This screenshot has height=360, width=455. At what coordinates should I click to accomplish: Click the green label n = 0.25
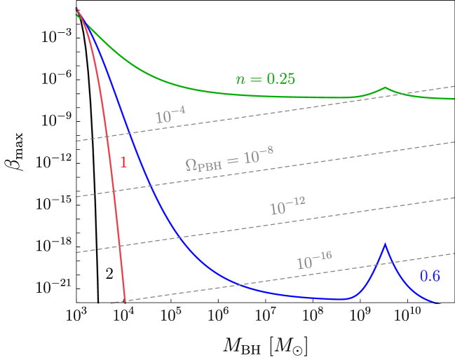[x=265, y=79]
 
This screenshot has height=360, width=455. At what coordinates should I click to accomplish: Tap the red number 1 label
[x=123, y=162]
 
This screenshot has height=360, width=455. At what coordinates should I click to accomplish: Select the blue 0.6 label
[x=430, y=276]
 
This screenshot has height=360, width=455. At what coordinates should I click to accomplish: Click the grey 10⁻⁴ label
[x=170, y=116]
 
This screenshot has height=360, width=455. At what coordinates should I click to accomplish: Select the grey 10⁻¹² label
[x=287, y=207]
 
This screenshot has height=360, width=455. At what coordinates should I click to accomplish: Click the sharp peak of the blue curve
[x=384, y=244]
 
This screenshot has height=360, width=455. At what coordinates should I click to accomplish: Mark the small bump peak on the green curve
[x=385, y=88]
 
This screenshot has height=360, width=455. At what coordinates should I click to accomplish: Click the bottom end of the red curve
[x=125, y=301]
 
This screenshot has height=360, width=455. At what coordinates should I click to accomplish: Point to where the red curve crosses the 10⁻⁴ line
[x=107, y=136]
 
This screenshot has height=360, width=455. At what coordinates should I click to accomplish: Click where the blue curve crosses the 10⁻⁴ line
[x=128, y=132]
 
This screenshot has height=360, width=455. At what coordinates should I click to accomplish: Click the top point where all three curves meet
[x=77, y=11]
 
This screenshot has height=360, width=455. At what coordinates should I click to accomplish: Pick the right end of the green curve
[x=454, y=99]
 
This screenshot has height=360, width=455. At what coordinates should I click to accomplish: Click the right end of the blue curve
[x=442, y=303]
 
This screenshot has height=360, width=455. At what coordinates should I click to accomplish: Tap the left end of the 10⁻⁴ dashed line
[x=77, y=141]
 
